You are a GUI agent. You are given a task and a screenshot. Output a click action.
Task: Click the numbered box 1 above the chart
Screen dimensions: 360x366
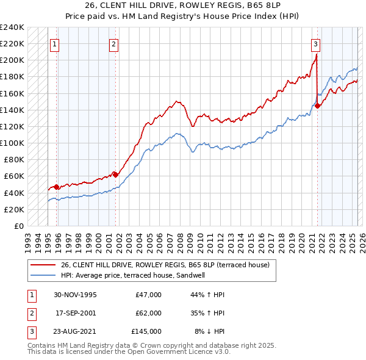pos(55,43)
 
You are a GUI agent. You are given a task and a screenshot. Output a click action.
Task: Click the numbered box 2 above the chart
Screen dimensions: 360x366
pos(114,43)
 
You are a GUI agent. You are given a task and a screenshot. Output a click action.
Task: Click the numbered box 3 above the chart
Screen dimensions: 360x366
pos(315,43)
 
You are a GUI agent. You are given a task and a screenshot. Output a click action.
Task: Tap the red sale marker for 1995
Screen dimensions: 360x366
pos(56,187)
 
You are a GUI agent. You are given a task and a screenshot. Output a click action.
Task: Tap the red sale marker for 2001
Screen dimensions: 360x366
pos(115,175)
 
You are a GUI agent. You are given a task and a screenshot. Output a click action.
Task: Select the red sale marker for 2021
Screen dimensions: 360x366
pos(318,106)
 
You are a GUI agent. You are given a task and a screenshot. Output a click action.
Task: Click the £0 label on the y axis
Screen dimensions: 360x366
pos(18,226)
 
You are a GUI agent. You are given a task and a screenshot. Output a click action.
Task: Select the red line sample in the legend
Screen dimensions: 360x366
pos(43,265)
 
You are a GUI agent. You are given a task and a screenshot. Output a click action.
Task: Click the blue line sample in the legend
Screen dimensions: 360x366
pos(43,275)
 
